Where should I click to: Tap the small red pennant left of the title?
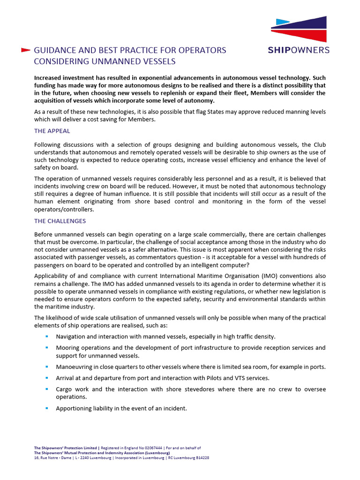tap(26, 49)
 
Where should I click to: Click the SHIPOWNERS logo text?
tap(299, 50)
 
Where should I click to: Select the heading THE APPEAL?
tap(52, 131)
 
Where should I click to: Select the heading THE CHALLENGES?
tap(60, 221)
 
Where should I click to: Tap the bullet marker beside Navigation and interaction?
tap(47, 336)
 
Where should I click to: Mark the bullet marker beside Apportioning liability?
tap(47, 408)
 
